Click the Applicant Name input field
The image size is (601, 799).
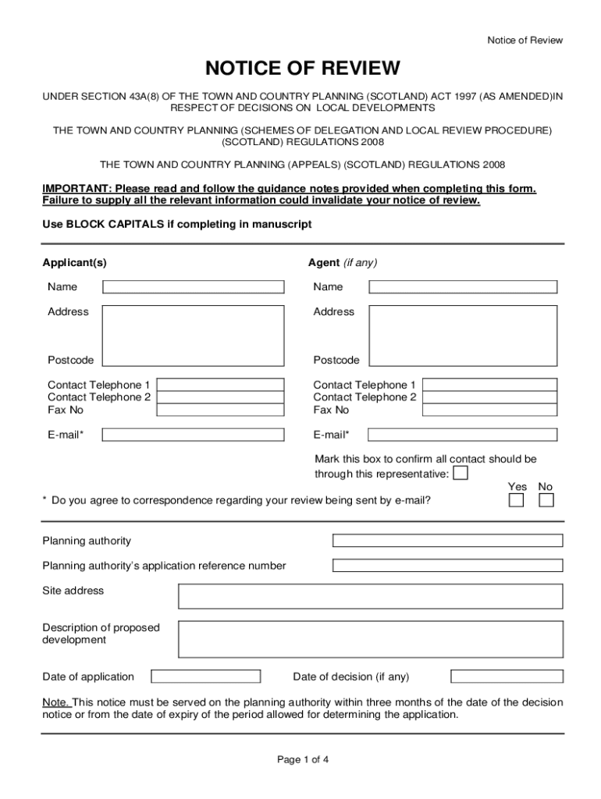(194, 287)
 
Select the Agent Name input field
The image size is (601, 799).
(463, 287)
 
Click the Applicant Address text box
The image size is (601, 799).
(194, 336)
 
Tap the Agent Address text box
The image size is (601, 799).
(463, 336)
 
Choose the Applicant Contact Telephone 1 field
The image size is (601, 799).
(222, 385)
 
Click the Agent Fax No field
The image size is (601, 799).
(490, 410)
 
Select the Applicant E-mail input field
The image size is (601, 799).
(194, 435)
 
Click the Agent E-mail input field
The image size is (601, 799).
(463, 435)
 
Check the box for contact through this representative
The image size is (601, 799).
(461, 474)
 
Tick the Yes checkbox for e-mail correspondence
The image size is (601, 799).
(516, 500)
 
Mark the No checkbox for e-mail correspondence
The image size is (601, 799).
(546, 500)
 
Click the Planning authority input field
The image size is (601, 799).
(447, 541)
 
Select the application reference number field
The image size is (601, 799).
(447, 566)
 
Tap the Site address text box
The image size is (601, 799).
(370, 596)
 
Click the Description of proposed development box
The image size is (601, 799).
(370, 639)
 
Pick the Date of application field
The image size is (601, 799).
(206, 676)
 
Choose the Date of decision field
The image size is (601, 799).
(507, 676)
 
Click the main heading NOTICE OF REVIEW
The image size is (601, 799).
(302, 69)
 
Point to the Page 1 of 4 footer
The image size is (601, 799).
(302, 760)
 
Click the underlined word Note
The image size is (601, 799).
(55, 702)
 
